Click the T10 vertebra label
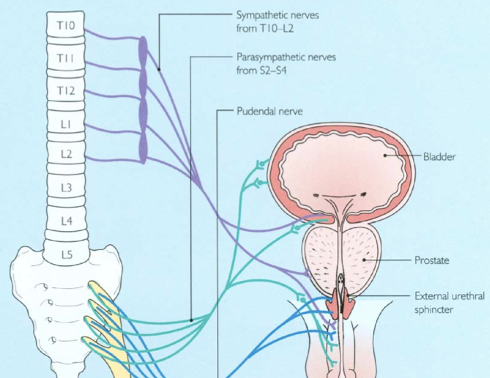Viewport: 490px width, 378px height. point(66,26)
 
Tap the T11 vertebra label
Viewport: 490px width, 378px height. point(66,58)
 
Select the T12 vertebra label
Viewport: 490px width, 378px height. point(66,90)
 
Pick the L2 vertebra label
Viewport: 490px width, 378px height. point(66,154)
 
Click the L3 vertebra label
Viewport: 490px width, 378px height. point(66,187)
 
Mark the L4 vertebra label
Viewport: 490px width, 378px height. point(66,221)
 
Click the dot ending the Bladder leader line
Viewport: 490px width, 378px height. point(386,156)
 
